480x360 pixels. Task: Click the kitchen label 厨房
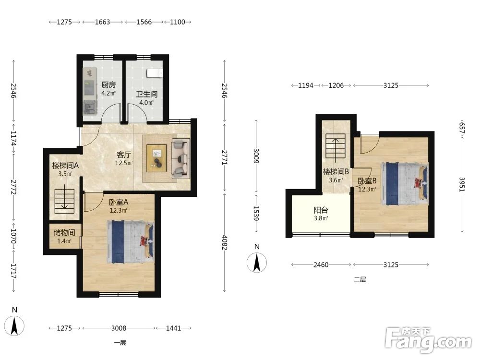[108, 85]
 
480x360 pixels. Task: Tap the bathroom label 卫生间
[146, 94]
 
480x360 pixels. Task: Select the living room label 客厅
[124, 155]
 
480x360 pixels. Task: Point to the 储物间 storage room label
[64, 233]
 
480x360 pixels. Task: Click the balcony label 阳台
[321, 210]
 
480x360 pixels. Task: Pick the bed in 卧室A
[130, 242]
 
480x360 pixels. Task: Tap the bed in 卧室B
[404, 184]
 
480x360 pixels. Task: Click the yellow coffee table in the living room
[157, 158]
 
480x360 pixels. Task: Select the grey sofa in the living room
[180, 158]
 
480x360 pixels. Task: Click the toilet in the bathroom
[154, 73]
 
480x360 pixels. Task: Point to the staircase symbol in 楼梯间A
[64, 201]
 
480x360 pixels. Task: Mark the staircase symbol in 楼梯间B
[336, 147]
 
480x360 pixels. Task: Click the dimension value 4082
[224, 242]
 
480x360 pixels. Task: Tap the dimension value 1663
[103, 22]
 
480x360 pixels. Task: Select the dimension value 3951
[462, 185]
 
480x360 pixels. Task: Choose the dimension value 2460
[321, 265]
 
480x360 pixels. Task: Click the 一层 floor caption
[120, 343]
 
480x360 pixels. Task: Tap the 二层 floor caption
[360, 279]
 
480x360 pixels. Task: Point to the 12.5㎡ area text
[124, 163]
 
